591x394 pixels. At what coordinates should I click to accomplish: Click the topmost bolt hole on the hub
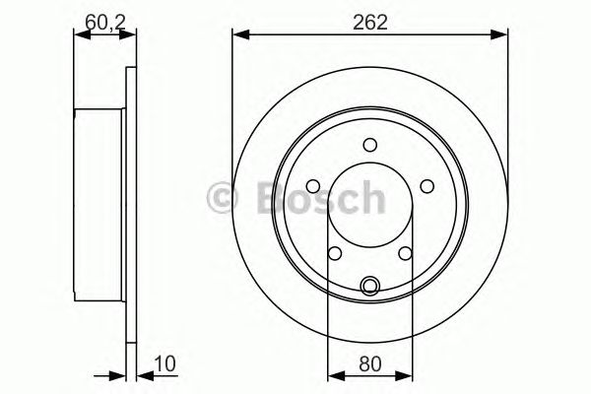369,145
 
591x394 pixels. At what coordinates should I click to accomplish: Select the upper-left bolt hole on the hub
314,185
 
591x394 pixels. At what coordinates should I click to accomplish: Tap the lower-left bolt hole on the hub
335,253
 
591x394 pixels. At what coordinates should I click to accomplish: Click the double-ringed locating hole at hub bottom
369,287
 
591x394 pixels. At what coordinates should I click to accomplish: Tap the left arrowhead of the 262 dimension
239,37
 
